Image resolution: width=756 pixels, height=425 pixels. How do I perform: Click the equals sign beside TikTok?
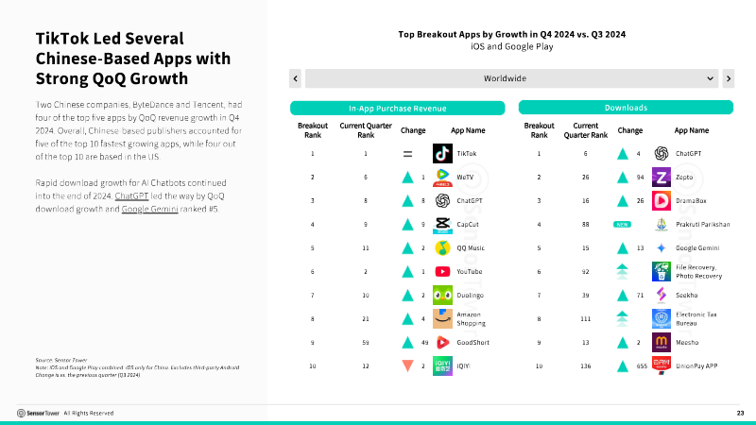tap(407, 153)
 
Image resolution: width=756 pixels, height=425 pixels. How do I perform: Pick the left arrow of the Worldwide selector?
tap(296, 78)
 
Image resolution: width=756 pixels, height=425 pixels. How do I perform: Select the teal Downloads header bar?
tap(625, 109)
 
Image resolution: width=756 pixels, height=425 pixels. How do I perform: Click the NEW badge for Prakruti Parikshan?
tap(622, 224)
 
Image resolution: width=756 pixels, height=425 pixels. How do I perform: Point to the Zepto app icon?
tap(661, 177)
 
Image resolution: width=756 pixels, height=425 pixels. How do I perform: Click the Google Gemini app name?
tap(697, 247)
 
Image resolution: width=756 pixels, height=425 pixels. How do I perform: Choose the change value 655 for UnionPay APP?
tap(641, 365)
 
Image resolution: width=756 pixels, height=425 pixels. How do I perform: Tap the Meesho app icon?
tap(661, 342)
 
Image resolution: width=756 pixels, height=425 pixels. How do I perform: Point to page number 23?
tap(740, 413)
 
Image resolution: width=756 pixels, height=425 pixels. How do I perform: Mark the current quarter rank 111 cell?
tap(585, 318)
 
